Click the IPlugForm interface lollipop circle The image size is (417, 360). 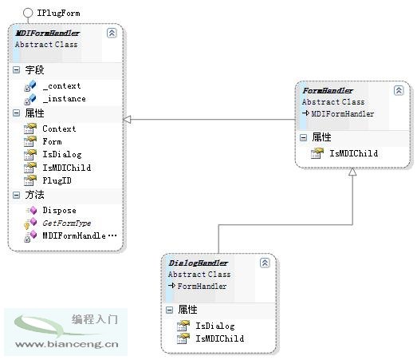[x=28, y=13]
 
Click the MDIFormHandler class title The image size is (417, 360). [x=48, y=34]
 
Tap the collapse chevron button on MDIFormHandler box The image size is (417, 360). [x=112, y=33]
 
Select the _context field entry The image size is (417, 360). [x=61, y=86]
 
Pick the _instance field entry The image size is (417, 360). [x=64, y=99]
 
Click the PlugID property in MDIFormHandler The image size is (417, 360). [x=57, y=180]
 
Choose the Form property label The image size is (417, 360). [x=52, y=141]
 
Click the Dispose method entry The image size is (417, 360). [x=59, y=211]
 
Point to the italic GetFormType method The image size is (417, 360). [x=67, y=224]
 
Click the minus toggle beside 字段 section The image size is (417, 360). [x=16, y=70]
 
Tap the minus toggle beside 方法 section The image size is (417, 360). [x=16, y=196]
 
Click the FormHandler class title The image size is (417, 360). [x=328, y=91]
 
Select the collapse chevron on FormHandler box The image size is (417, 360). [x=399, y=90]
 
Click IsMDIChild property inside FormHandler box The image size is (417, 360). [x=354, y=153]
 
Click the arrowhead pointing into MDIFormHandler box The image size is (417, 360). [x=127, y=120]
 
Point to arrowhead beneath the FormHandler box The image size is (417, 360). [x=352, y=172]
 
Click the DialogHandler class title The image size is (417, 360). [x=199, y=263]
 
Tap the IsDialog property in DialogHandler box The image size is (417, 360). [x=215, y=326]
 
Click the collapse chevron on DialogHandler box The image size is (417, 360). [x=265, y=263]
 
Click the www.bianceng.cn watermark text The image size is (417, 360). [x=67, y=344]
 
